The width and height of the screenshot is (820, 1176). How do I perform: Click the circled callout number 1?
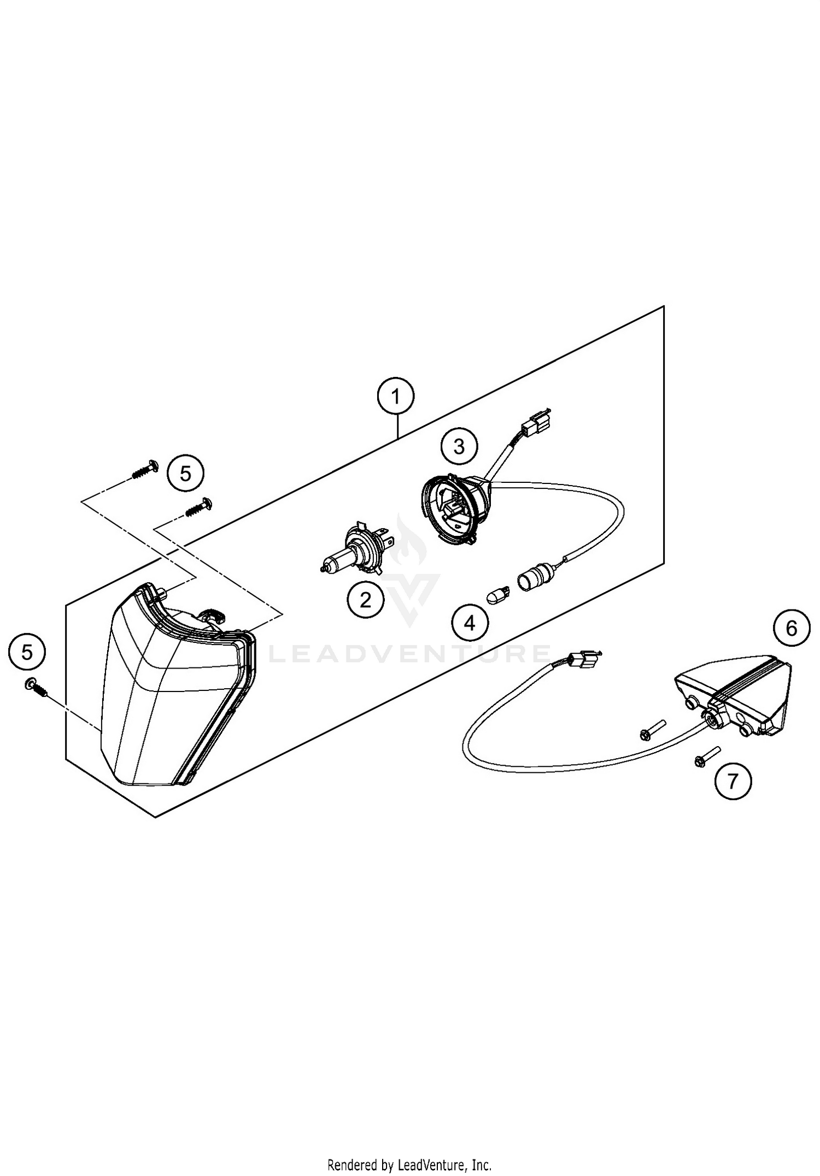[396, 396]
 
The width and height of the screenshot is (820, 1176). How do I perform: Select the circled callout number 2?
[365, 600]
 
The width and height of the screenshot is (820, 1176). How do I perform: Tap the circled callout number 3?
[459, 446]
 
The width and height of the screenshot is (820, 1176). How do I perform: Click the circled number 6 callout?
[792, 629]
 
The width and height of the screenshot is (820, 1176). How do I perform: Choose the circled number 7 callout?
[733, 781]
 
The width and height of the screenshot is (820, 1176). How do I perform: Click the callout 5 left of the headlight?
[27, 652]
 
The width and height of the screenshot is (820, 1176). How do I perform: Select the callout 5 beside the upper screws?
[186, 473]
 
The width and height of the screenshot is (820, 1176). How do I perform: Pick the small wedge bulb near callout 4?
[498, 593]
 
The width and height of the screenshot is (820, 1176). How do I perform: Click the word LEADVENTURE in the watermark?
[410, 653]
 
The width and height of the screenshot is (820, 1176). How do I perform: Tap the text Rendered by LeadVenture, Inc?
[409, 1161]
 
